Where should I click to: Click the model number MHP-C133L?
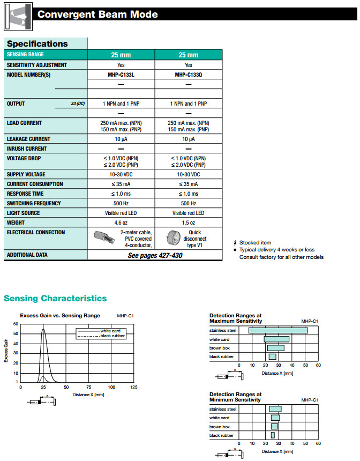click(121, 75)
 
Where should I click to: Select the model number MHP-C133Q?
click(188, 75)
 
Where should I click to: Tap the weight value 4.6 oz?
click(121, 222)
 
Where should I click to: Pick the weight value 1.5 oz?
click(188, 222)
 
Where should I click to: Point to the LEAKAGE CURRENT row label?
click(28, 139)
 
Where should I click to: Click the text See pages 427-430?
click(155, 256)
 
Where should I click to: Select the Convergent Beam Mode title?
click(97, 14)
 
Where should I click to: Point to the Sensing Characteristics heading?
click(55, 299)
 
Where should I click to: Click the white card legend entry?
click(110, 331)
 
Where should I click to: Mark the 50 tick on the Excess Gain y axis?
click(16, 333)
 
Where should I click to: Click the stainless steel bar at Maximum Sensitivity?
click(277, 330)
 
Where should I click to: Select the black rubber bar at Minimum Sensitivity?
click(273, 435)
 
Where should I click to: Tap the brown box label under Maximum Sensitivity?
click(220, 348)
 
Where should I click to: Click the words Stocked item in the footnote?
click(255, 243)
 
